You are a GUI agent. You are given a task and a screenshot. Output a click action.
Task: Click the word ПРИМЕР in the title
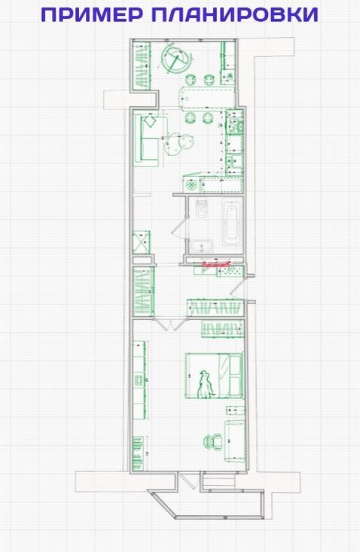click(x=93, y=14)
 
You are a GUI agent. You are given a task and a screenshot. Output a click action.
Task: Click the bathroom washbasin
click(x=201, y=246)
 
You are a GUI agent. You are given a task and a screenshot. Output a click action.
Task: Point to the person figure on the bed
click(x=206, y=384)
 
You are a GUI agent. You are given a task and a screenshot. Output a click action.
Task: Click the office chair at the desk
click(x=213, y=441)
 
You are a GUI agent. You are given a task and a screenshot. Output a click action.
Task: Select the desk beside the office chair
click(x=234, y=441)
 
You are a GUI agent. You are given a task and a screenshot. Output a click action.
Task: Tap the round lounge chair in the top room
click(x=176, y=59)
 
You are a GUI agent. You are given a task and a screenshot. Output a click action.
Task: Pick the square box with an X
click(x=141, y=242)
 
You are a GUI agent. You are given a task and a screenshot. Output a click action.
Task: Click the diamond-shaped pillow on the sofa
click(x=150, y=122)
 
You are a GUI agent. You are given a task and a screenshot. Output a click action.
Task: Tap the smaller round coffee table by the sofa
click(x=186, y=142)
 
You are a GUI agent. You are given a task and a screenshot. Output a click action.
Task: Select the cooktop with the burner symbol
click(x=191, y=185)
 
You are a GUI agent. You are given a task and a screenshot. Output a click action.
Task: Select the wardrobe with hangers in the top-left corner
click(x=142, y=65)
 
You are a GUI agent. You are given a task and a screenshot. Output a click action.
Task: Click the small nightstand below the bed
click(x=235, y=410)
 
